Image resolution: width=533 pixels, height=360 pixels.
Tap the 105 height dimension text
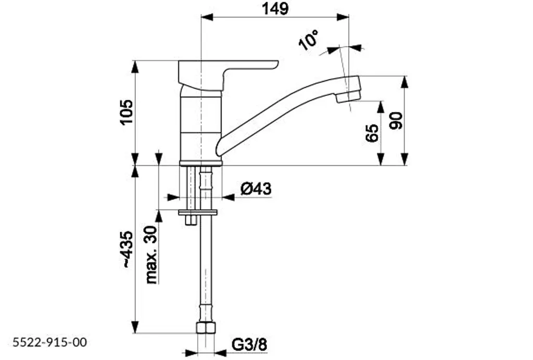coord(126,112)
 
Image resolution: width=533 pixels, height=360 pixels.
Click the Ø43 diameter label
coord(256,189)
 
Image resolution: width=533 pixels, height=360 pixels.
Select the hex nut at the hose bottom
coord(206,328)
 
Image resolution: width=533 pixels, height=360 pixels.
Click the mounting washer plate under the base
coord(198,213)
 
